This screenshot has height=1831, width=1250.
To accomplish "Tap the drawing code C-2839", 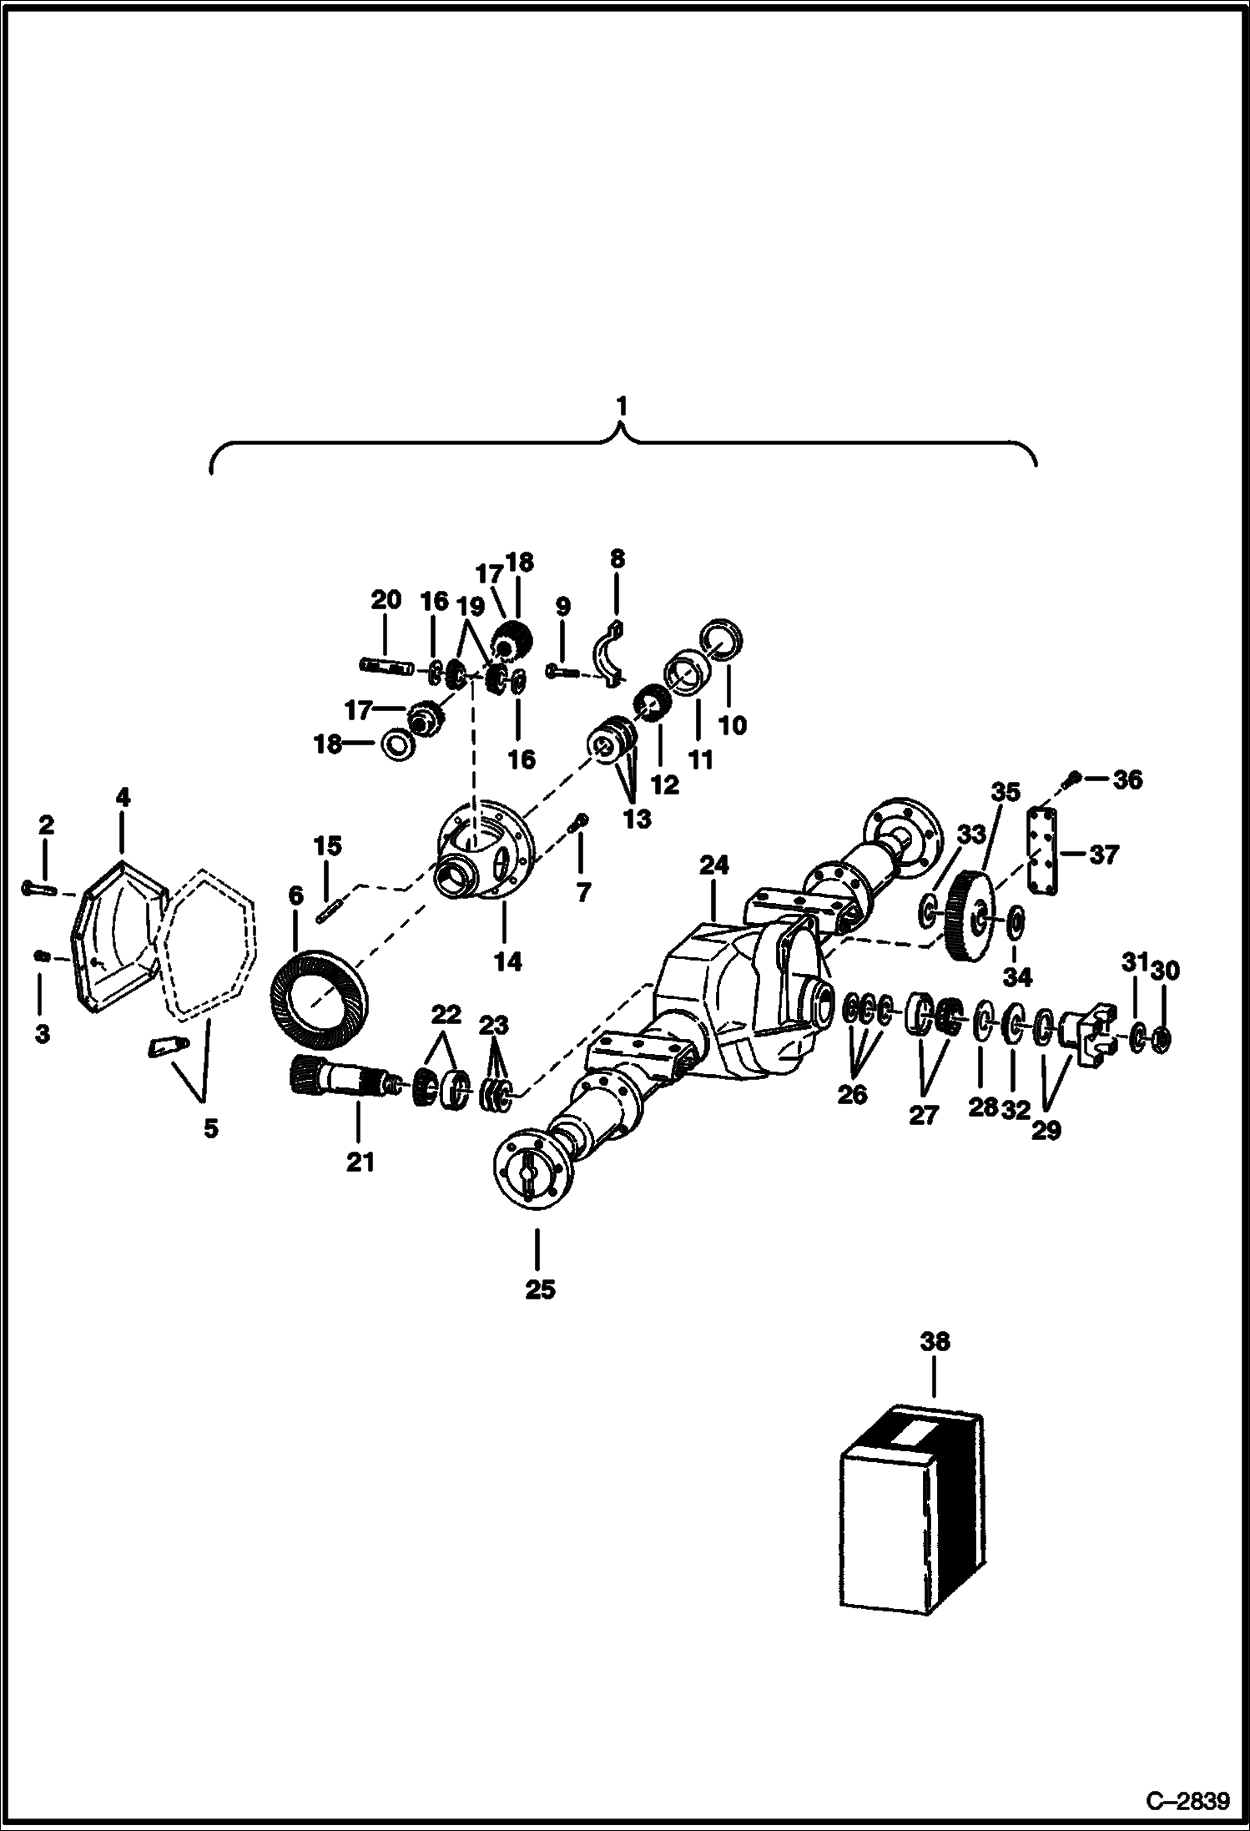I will coord(1187,1800).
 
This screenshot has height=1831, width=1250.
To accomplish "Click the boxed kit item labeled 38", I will coord(909,1510).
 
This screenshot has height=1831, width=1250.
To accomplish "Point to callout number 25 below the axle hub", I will coord(539,1289).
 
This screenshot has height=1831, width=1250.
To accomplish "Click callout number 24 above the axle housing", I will coord(713,865).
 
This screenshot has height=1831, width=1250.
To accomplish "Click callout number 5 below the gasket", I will coord(210,1129).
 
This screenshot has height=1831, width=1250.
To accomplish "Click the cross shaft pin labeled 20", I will coord(381,665).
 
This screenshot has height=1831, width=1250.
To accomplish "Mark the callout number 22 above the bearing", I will coord(446,1015).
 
